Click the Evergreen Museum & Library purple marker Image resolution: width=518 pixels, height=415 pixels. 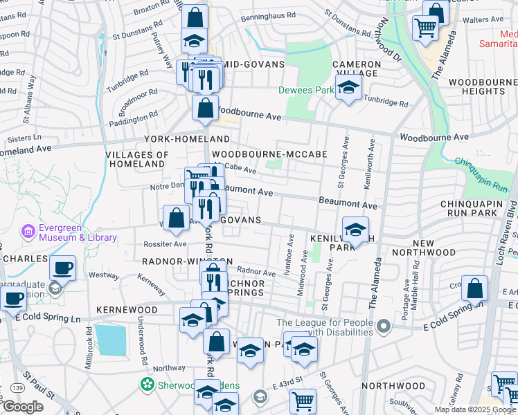tap(28, 230)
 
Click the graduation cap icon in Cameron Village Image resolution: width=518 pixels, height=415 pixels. tap(348, 87)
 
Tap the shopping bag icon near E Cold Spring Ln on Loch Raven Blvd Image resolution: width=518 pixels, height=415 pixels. tap(474, 287)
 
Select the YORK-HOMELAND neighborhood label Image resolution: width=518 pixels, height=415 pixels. tap(177, 138)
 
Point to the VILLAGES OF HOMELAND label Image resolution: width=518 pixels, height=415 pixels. tap(137, 160)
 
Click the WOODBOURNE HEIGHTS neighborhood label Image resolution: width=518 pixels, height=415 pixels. tap(483, 86)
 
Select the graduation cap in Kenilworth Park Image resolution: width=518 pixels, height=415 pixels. tap(355, 229)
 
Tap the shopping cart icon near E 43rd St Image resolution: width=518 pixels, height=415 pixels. tap(303, 400)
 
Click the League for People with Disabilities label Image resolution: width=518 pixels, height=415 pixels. tap(325, 327)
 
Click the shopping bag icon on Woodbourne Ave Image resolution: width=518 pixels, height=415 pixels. tap(206, 108)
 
